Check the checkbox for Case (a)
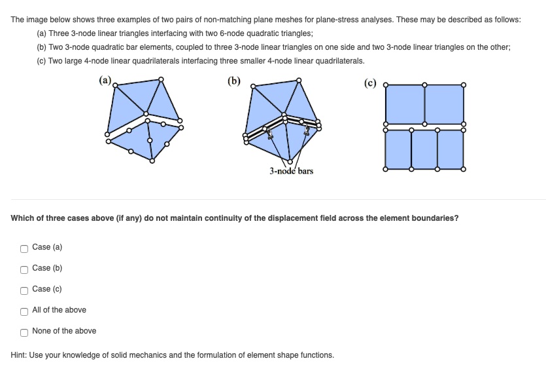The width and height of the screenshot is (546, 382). tap(24, 248)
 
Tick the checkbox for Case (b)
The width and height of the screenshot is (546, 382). tap(24, 269)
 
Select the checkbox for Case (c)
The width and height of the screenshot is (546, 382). tap(24, 290)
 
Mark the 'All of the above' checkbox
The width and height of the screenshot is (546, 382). tap(24, 311)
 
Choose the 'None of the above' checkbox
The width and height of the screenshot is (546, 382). tap(24, 332)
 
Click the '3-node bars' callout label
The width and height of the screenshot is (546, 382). tap(291, 171)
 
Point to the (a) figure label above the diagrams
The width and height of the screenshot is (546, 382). tap(105, 81)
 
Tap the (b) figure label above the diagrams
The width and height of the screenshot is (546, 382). tap(233, 81)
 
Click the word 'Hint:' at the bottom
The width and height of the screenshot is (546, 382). tap(20, 355)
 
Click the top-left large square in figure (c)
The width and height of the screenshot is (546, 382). tap(405, 104)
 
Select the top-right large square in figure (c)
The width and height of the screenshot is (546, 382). tap(445, 104)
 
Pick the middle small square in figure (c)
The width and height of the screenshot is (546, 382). tap(424, 149)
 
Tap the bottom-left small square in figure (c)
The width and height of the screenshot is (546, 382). tap(398, 149)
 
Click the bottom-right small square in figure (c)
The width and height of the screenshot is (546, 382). tap(451, 149)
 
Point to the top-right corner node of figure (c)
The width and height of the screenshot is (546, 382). tap(464, 85)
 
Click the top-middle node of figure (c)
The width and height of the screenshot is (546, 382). tap(425, 85)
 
